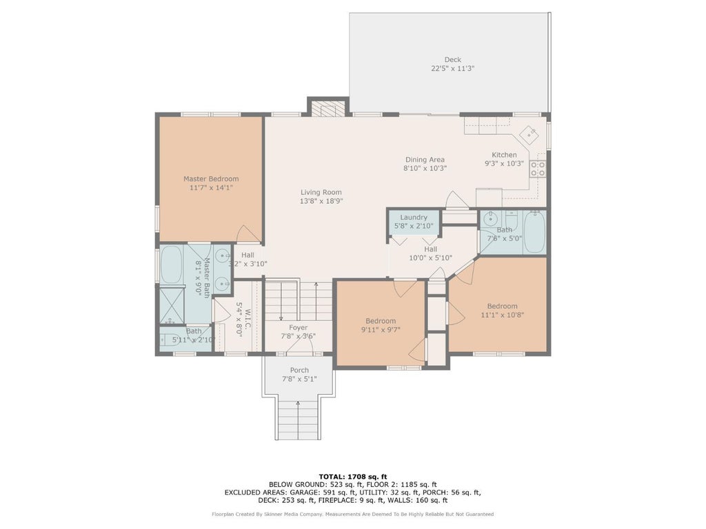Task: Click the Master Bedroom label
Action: click(x=211, y=178)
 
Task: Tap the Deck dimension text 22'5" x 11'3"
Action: click(x=452, y=68)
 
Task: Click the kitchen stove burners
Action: click(x=538, y=169)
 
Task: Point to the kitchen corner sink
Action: click(x=529, y=134)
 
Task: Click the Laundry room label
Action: click(x=414, y=217)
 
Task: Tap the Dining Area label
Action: click(x=425, y=159)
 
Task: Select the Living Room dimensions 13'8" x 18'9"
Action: click(x=321, y=201)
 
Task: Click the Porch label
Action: click(x=299, y=370)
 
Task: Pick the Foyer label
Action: click(x=298, y=328)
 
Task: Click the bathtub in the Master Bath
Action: click(x=171, y=264)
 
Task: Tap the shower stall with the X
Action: click(x=171, y=305)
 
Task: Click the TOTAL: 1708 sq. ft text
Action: click(x=352, y=477)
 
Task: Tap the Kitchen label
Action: click(x=504, y=155)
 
